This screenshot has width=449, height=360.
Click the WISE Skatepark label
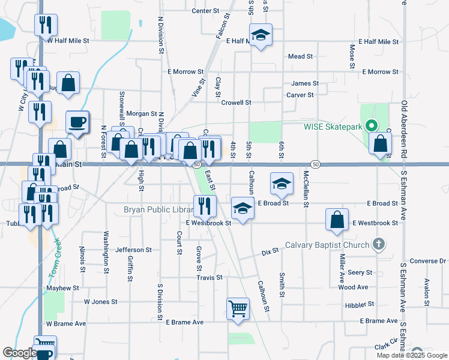click(333, 126)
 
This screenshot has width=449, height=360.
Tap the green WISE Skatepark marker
click(371, 126)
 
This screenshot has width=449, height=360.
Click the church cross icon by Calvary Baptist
click(378, 244)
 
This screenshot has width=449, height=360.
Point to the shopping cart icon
click(238, 309)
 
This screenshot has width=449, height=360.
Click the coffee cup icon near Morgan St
click(77, 122)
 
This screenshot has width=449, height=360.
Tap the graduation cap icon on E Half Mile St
click(261, 35)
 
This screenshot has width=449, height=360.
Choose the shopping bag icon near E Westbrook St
click(337, 220)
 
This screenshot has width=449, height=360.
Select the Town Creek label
click(55, 263)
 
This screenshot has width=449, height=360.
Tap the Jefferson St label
click(133, 250)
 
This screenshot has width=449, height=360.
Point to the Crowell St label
click(236, 103)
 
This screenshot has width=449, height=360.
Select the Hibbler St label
click(360, 305)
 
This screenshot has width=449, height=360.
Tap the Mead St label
click(301, 56)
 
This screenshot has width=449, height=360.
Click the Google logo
click(19, 353)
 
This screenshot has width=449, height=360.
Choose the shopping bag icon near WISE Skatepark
click(380, 144)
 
